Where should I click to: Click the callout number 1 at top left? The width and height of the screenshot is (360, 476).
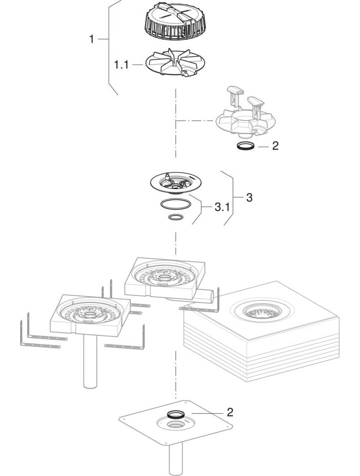[92, 39]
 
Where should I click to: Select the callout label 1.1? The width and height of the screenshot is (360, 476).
[121, 65]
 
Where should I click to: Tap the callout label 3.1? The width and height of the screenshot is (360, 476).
[222, 207]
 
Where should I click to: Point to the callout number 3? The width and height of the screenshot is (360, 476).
[249, 197]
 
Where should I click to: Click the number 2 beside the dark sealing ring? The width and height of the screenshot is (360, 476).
[275, 145]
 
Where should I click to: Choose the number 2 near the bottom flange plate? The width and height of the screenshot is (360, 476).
[229, 412]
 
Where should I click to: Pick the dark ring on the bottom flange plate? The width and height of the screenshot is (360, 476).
[176, 414]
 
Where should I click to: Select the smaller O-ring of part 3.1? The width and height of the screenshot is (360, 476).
[176, 217]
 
